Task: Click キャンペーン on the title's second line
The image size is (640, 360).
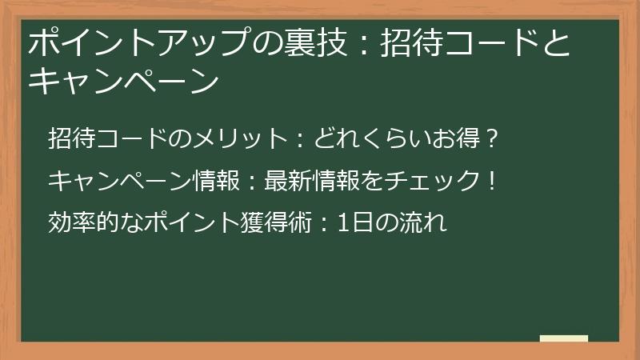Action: click(x=123, y=80)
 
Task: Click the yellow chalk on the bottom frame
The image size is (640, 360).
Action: click(x=564, y=338)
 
